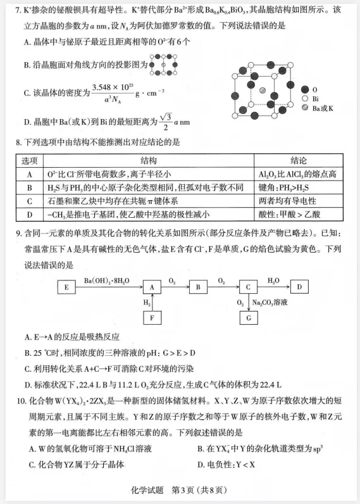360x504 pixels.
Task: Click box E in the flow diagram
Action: (66, 286)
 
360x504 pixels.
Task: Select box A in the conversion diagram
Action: (152, 286)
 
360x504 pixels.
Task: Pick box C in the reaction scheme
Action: (248, 286)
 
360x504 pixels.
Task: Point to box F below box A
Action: (152, 317)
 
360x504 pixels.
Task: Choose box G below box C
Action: (248, 317)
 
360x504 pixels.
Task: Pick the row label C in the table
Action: (30, 201)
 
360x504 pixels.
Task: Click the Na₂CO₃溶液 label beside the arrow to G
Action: (273, 303)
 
